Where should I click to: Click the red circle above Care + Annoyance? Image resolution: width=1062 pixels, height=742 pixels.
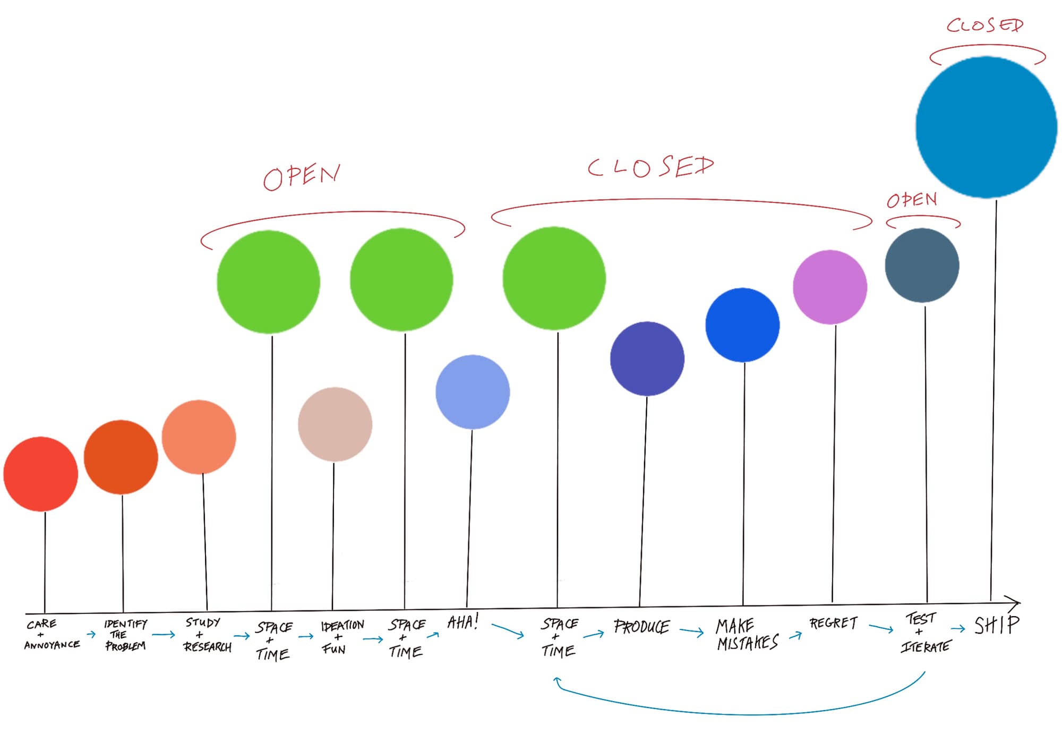click(x=41, y=474)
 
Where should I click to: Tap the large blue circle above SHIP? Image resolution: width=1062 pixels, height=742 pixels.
click(x=986, y=127)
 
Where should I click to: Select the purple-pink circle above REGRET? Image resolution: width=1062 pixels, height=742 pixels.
click(x=829, y=287)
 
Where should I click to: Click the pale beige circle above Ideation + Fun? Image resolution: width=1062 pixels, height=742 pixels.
click(x=335, y=424)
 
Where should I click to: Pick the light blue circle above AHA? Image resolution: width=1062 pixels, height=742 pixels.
click(x=472, y=392)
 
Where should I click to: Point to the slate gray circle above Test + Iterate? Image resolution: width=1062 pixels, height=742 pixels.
click(x=922, y=266)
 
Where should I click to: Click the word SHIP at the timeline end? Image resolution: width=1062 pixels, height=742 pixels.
click(x=997, y=625)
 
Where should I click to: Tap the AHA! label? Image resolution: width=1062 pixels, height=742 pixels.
click(x=463, y=621)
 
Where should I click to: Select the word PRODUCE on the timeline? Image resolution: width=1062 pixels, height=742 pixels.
click(x=641, y=627)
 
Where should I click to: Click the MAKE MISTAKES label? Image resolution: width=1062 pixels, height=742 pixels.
click(x=747, y=634)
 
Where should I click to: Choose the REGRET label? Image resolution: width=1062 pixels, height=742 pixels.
click(x=833, y=623)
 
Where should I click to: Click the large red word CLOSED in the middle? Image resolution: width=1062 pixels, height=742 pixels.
click(x=651, y=167)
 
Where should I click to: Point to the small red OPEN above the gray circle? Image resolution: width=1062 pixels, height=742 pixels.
click(x=912, y=200)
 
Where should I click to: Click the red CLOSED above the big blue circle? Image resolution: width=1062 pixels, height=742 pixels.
click(x=984, y=25)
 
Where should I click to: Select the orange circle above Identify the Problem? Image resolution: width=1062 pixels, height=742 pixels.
click(x=121, y=457)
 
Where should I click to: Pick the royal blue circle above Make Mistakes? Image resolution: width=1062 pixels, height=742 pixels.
click(x=742, y=325)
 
